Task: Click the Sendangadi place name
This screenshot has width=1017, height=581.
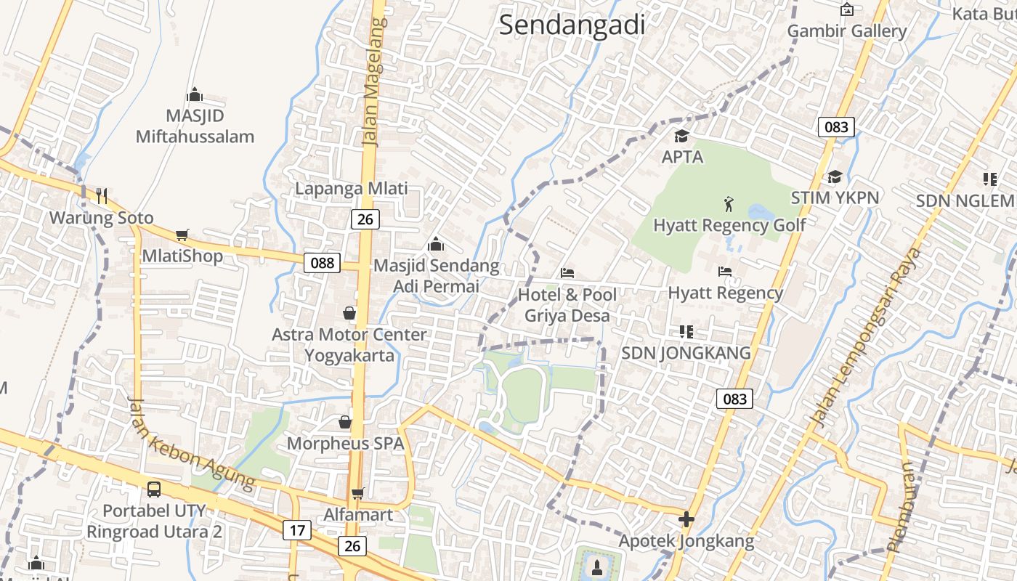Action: tap(572, 25)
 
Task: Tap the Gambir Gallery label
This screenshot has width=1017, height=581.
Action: tap(846, 31)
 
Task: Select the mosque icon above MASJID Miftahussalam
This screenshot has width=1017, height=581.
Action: tap(194, 94)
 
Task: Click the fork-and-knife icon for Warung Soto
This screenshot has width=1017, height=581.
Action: tap(102, 195)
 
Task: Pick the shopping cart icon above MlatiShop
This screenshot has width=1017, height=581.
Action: tap(182, 235)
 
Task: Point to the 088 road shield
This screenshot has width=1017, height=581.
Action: tap(322, 263)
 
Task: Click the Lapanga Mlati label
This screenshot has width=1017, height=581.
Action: tap(351, 189)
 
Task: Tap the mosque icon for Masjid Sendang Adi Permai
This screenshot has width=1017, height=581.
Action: tap(436, 244)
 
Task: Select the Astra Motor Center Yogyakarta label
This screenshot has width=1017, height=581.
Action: tap(349, 345)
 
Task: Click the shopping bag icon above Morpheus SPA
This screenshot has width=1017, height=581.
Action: tap(345, 422)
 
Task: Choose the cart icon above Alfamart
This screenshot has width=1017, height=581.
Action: tap(357, 494)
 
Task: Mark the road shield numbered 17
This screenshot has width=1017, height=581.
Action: tap(296, 530)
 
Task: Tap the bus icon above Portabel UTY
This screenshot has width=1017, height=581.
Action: tap(154, 489)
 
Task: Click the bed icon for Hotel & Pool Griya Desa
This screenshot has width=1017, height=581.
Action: tap(567, 273)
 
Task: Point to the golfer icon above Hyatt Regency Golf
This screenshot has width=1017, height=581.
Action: tap(729, 204)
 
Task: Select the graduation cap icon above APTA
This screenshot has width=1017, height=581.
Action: tap(681, 136)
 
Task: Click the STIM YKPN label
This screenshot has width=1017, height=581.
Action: tap(835, 198)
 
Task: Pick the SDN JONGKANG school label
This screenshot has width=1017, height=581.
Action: tap(686, 353)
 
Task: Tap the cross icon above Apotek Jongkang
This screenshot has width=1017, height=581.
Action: tap(686, 519)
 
